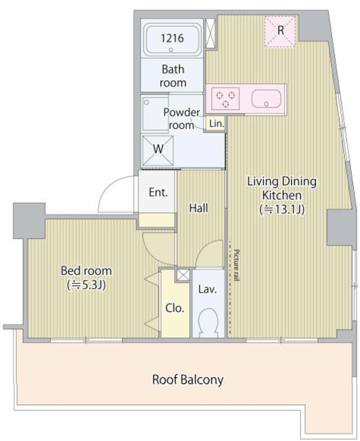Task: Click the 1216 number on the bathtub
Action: click(x=172, y=38)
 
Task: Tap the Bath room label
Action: click(x=173, y=76)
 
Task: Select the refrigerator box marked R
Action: click(x=280, y=31)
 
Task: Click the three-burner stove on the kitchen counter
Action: click(x=225, y=99)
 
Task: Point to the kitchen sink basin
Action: click(x=266, y=99)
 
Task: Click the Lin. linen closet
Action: click(x=216, y=123)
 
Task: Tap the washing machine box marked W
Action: click(x=158, y=151)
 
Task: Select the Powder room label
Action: click(x=182, y=119)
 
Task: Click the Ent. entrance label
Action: click(x=158, y=192)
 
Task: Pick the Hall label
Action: click(x=198, y=208)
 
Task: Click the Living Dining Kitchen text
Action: click(x=282, y=188)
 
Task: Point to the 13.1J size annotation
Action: click(x=282, y=209)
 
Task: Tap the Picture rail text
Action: click(x=236, y=265)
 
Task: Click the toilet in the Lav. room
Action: click(x=209, y=322)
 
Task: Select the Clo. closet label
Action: click(x=175, y=308)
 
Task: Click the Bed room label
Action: click(x=86, y=271)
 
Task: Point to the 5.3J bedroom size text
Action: click(x=86, y=285)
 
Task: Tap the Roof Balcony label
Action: click(x=188, y=380)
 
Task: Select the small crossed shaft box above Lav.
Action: click(x=183, y=275)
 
